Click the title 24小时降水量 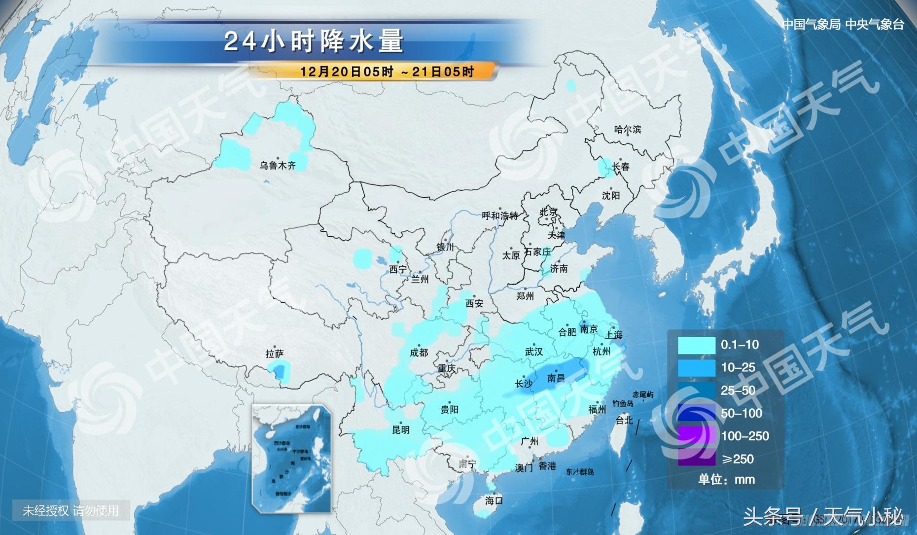(x=314, y=41)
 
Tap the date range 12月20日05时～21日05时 (x=387, y=72)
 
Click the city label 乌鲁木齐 (x=278, y=166)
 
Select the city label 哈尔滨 (x=628, y=130)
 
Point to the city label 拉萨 (x=275, y=354)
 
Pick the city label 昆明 (x=400, y=429)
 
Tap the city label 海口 (x=494, y=500)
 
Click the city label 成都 (x=419, y=353)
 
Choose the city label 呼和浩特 (x=500, y=215)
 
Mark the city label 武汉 (x=534, y=352)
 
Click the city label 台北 (x=624, y=420)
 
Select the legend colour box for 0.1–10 (x=696, y=345)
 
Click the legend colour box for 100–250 (x=696, y=436)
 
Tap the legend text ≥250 (x=738, y=459)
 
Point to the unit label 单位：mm (x=726, y=479)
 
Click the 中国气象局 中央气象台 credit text (x=843, y=24)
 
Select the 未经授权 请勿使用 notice (x=71, y=510)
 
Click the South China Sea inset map (x=291, y=459)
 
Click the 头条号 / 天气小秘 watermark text (x=822, y=517)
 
